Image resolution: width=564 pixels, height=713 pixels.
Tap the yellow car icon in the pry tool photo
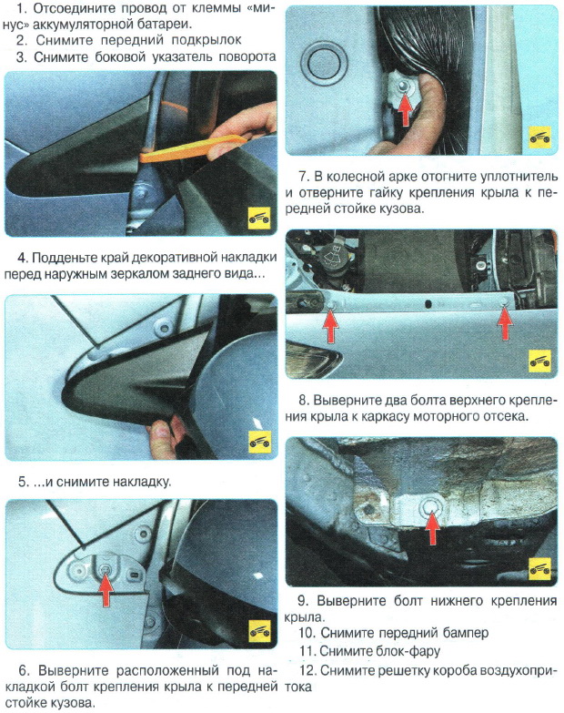point(259,219)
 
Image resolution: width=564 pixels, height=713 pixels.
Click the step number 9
point(304,600)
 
